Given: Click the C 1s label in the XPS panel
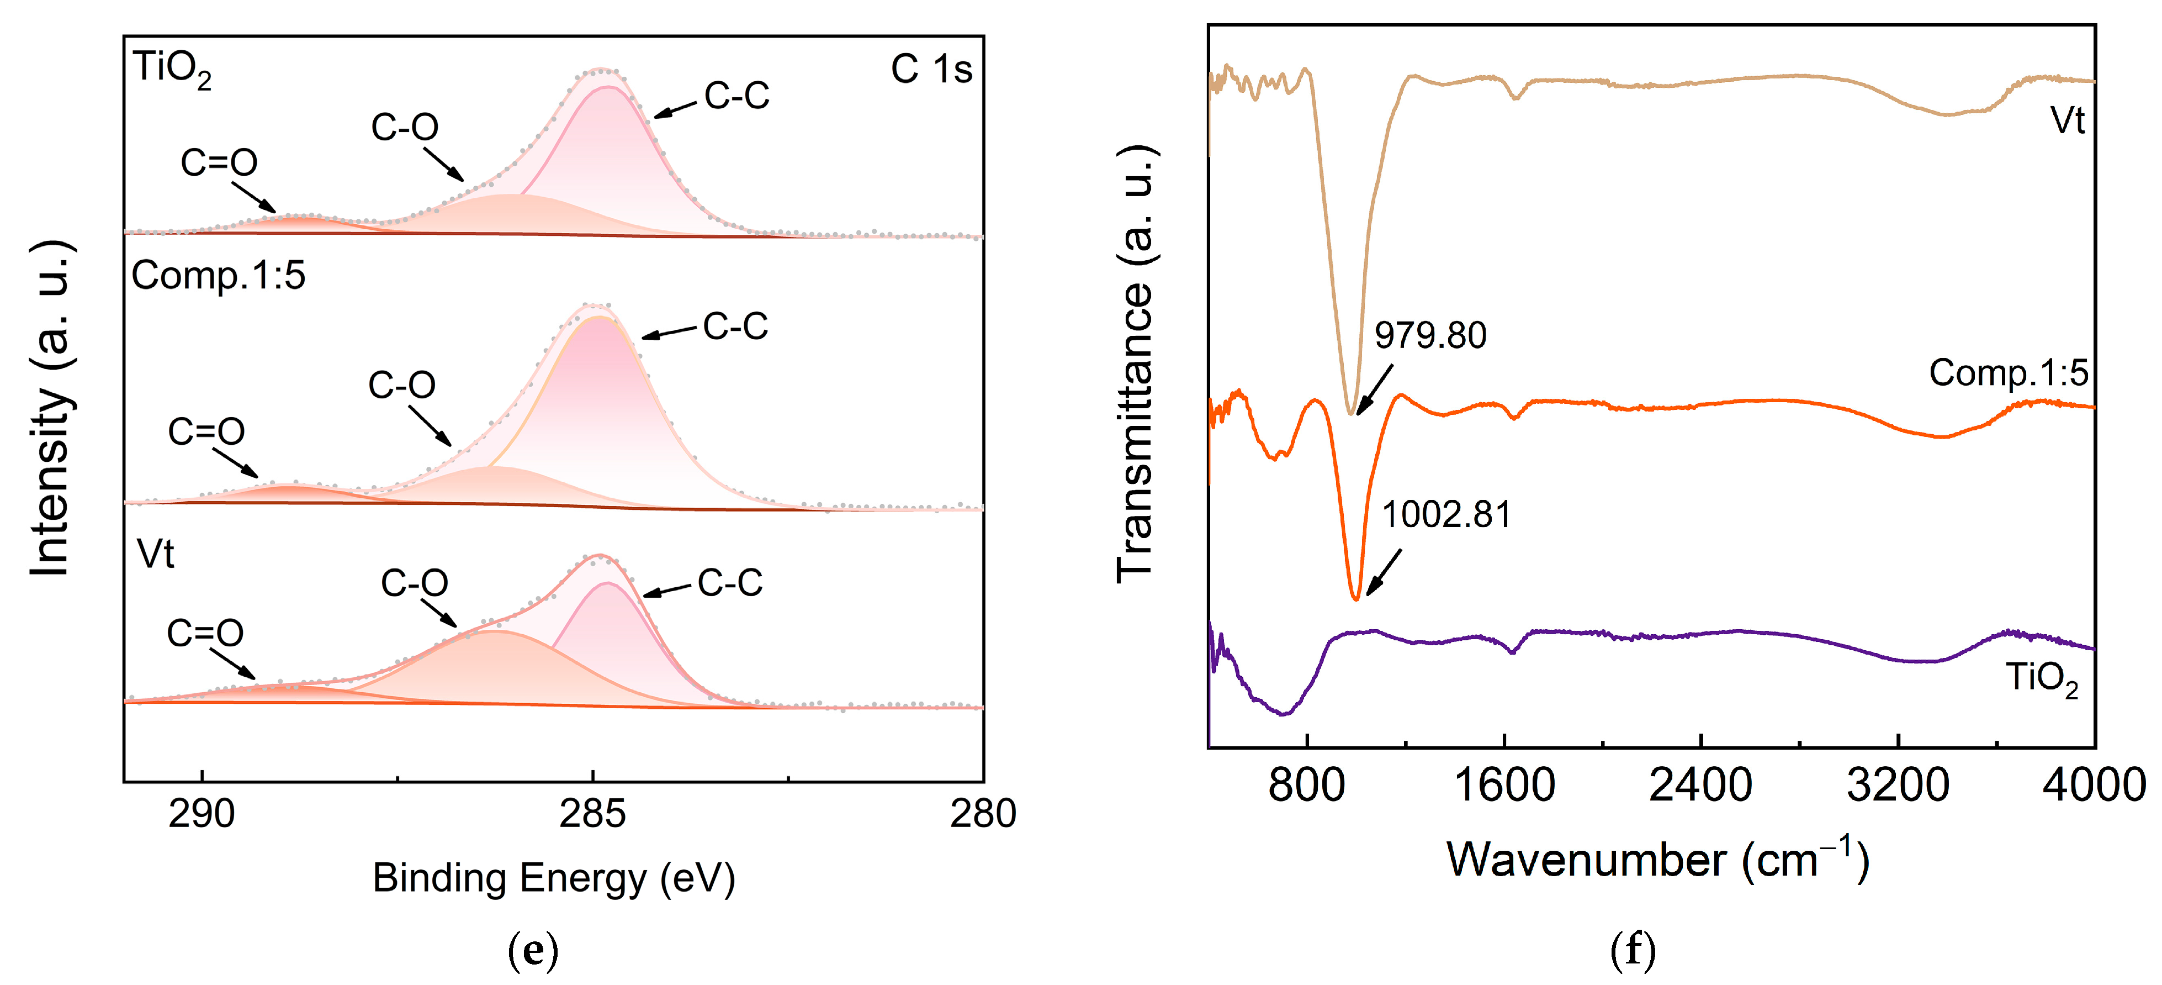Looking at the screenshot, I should (931, 69).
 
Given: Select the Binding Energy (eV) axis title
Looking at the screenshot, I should (554, 878).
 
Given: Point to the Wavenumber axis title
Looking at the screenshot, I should (1657, 860).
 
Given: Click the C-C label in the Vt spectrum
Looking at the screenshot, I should (729, 583).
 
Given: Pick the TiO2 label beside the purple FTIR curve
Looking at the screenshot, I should (2041, 678).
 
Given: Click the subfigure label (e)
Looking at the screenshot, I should (532, 951).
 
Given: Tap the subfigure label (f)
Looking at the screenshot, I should (1633, 951).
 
